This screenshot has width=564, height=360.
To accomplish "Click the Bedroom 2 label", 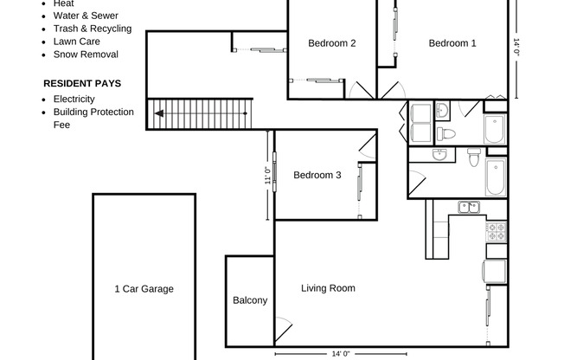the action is click(331, 43).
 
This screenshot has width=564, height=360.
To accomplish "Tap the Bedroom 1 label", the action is click(452, 43).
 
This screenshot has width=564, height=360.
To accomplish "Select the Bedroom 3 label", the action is click(317, 175).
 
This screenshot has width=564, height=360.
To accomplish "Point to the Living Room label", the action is click(328, 288).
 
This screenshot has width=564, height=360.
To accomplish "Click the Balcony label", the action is click(250, 300).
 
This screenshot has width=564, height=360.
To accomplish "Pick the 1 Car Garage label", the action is click(144, 289).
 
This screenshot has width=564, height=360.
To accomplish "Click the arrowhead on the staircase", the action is click(159, 113).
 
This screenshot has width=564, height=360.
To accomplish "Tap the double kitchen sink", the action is click(469, 208).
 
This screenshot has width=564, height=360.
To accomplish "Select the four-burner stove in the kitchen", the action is click(497, 231).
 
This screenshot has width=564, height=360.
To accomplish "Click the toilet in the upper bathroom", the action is click(445, 134).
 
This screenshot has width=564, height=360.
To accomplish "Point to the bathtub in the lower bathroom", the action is click(496, 177).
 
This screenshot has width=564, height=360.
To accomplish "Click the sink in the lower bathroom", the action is click(439, 154).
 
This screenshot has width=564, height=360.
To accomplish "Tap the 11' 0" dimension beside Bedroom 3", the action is click(267, 175).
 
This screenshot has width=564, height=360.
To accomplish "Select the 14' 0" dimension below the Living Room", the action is click(341, 354).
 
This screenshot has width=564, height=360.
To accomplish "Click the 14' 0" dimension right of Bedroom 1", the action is click(517, 47).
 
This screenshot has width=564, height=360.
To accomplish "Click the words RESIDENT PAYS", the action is click(82, 84).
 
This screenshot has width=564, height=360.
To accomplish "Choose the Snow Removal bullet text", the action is click(86, 55).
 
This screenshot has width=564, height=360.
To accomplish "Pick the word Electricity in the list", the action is click(74, 99).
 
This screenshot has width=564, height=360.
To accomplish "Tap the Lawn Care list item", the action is click(77, 42).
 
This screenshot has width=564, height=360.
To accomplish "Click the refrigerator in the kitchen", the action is click(495, 272).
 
